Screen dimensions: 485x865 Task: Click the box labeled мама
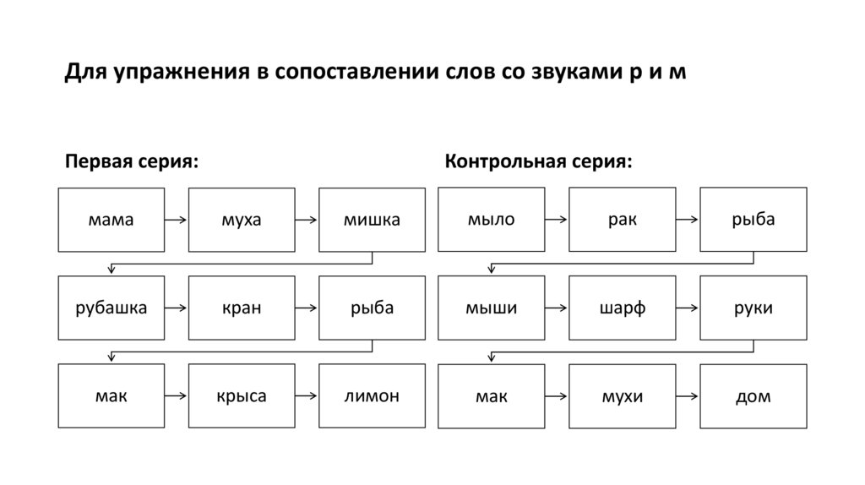tap(111, 220)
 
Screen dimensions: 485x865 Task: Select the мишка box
tap(372, 220)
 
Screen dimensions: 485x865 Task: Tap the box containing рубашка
tap(111, 308)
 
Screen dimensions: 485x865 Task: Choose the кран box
tap(242, 308)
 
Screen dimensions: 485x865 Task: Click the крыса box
tap(242, 395)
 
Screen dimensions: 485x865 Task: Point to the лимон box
tap(372, 395)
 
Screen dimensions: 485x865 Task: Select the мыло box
tap(491, 220)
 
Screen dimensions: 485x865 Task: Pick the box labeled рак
tap(622, 220)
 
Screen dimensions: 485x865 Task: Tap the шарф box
tap(622, 308)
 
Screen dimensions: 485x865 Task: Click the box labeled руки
tap(753, 308)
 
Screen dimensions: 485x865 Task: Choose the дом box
tap(753, 395)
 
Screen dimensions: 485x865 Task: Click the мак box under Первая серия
tap(111, 395)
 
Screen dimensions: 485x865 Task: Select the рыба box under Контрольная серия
tap(753, 220)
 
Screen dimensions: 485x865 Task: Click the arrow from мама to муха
tap(176, 221)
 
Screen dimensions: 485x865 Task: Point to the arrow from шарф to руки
tap(688, 308)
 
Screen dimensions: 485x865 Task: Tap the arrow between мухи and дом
tap(688, 396)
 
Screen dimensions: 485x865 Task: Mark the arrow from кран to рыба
tap(307, 308)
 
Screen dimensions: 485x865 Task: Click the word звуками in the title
tap(574, 73)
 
